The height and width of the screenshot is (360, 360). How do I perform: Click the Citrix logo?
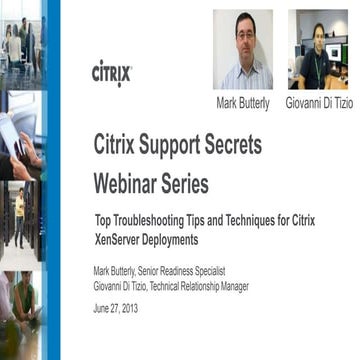click(111, 73)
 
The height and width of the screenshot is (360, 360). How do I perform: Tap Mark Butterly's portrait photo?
click(243, 50)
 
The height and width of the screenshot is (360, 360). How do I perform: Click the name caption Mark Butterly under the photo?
click(243, 103)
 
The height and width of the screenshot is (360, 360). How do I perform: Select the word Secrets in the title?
click(236, 144)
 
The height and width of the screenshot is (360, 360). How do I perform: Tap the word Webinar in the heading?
click(127, 184)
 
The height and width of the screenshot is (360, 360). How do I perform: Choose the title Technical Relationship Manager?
click(204, 286)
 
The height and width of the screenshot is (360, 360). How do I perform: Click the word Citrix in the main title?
click(118, 144)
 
